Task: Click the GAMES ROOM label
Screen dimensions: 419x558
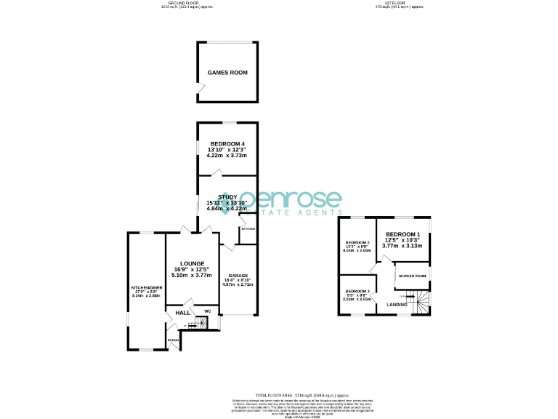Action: point(227,73)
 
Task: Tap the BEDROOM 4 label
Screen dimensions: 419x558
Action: point(227,144)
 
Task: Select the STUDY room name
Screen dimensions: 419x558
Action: point(217,195)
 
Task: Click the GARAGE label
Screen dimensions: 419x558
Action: point(238,275)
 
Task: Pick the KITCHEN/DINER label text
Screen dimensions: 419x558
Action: point(145,288)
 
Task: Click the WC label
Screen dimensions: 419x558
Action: point(207,311)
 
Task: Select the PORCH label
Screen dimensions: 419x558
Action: point(173,340)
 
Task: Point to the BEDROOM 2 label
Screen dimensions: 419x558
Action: point(357,242)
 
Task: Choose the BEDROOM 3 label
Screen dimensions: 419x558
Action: point(357,291)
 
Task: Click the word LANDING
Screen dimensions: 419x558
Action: point(397,305)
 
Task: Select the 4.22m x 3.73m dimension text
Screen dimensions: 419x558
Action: point(227,156)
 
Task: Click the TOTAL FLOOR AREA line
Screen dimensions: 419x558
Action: point(278,392)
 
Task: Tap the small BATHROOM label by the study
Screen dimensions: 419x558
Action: point(248,228)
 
